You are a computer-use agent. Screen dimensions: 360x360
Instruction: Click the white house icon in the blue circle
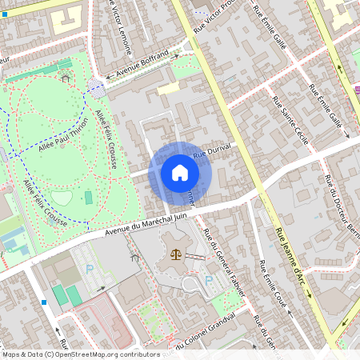click(x=180, y=173)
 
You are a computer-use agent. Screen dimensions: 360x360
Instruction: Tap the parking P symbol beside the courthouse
click(x=210, y=280)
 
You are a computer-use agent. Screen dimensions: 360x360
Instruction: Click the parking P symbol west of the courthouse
click(x=90, y=270)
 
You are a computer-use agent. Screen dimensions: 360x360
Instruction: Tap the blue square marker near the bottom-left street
click(x=44, y=302)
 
